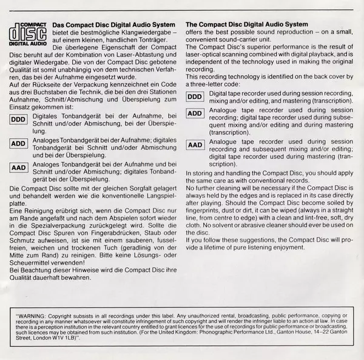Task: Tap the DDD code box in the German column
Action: point(19,118)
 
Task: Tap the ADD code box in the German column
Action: point(19,143)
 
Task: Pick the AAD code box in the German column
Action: point(19,167)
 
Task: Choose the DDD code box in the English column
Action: point(195,97)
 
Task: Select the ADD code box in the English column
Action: point(195,114)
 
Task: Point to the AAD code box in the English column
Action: point(195,145)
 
